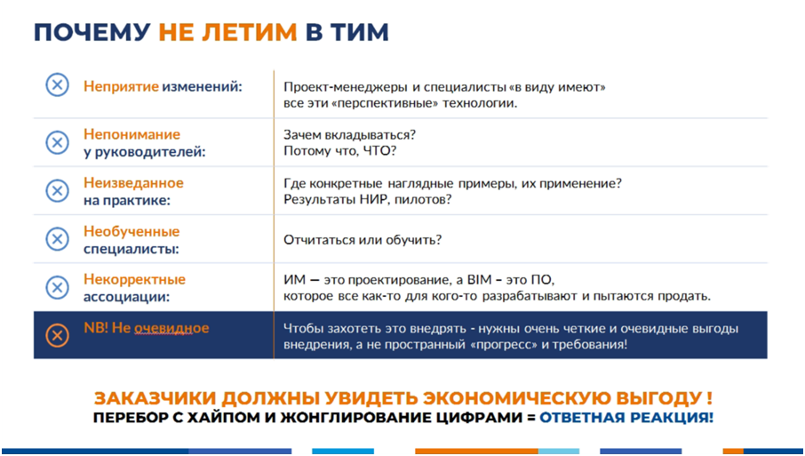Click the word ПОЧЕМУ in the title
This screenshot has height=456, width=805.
92,32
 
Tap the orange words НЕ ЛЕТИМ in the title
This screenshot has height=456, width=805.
227,32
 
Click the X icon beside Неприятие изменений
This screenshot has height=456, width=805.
58,84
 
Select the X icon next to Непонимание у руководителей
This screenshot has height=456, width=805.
58,142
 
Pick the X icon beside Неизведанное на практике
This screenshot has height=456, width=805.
58,190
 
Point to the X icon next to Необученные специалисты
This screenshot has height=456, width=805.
58,239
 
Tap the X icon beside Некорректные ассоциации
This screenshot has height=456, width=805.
58,287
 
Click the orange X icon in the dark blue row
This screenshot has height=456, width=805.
58,335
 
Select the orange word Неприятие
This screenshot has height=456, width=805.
121,86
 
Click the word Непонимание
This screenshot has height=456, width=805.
132,134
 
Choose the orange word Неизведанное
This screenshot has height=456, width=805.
133,182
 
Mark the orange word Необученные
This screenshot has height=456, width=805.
132,231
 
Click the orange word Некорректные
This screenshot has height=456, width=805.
134,279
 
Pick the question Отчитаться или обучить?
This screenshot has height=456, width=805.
363,240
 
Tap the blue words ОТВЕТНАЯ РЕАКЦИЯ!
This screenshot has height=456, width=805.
626,417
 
